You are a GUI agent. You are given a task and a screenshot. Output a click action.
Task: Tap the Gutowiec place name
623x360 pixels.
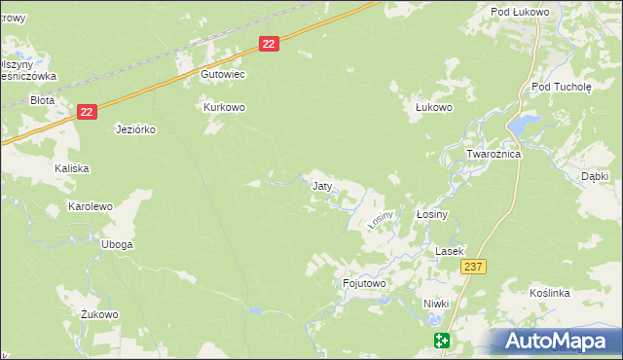[x=222, y=74]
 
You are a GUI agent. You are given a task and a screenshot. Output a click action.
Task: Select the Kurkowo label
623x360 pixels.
[x=223, y=107]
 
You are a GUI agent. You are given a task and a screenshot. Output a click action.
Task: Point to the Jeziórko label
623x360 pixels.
[x=136, y=129]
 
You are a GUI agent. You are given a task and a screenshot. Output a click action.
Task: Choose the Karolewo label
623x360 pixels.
[x=91, y=206]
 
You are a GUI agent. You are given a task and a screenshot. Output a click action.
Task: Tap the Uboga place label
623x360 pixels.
[x=117, y=244]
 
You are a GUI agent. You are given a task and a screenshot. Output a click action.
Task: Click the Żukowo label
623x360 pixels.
[x=99, y=314]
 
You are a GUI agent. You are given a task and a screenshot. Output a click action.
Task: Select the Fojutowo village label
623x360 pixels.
[x=365, y=283]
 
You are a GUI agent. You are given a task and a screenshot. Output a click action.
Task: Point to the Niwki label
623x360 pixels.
[x=436, y=304]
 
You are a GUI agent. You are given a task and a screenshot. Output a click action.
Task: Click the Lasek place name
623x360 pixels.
[x=448, y=251]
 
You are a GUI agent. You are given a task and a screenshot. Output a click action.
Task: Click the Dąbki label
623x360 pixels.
[x=594, y=176]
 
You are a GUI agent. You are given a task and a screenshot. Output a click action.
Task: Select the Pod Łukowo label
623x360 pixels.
[x=521, y=12]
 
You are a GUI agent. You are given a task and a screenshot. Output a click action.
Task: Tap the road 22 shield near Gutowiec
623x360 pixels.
[x=270, y=43]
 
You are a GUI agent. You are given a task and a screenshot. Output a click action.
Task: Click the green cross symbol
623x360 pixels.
[x=442, y=340]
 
